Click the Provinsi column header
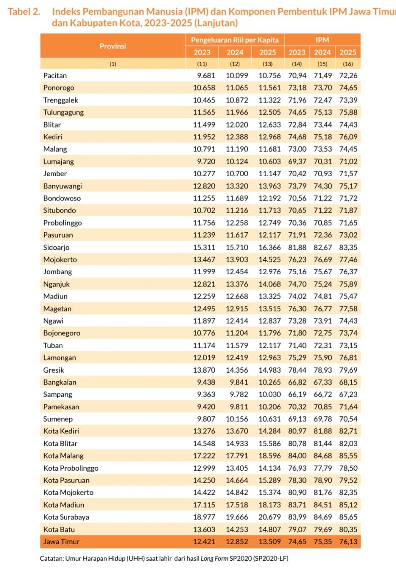pyautogui.click(x=113, y=46)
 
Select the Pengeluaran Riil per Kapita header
pyautogui.click(x=235, y=40)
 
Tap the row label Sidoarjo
pyautogui.click(x=56, y=247)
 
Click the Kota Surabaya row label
pyautogui.click(x=66, y=517)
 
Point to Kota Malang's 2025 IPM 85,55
pyautogui.click(x=348, y=455)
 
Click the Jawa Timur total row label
pyautogui.click(x=61, y=541)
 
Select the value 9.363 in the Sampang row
pyautogui.click(x=206, y=394)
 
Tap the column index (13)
pyautogui.click(x=268, y=64)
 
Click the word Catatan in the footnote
pyautogui.click(x=51, y=558)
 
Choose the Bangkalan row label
pyautogui.click(x=60, y=382)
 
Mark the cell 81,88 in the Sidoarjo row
pyautogui.click(x=297, y=247)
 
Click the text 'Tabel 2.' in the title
pyautogui.click(x=24, y=11)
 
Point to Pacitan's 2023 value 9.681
pyautogui.click(x=206, y=76)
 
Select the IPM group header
pyautogui.click(x=322, y=40)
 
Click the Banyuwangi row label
pyautogui.click(x=62, y=186)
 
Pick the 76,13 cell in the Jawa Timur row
pyautogui.click(x=348, y=541)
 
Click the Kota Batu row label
pyautogui.click(x=59, y=529)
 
